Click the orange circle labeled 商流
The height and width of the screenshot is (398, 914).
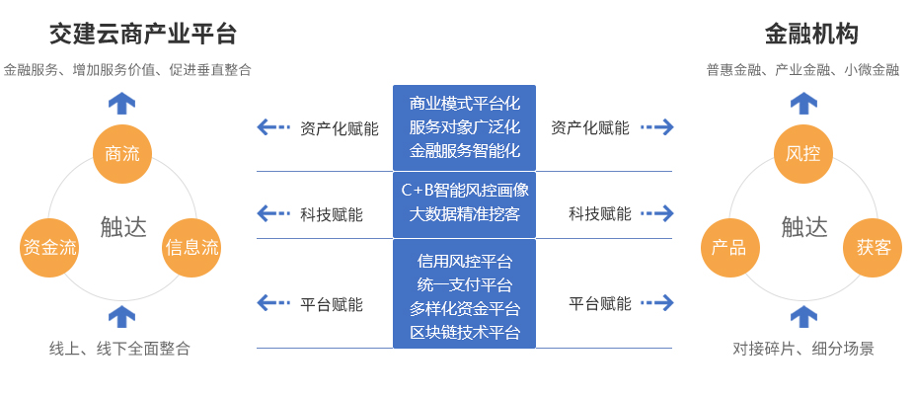122,153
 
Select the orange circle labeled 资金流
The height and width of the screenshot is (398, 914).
49,247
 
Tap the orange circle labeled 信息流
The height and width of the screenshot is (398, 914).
191,247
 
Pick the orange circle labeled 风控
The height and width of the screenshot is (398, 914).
803,153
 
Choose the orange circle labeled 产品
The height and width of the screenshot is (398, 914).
729,247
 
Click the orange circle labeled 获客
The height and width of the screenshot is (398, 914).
874,247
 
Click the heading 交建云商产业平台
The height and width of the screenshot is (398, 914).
143,36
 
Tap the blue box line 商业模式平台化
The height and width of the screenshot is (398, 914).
464,104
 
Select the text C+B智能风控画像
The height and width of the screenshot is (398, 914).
464,190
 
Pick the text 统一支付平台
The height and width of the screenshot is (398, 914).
464,284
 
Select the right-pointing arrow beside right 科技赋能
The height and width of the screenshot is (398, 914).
656,213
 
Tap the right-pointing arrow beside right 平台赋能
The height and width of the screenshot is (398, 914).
656,303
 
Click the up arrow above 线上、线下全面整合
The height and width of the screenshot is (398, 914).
121,317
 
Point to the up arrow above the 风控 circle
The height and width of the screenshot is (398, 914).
803,102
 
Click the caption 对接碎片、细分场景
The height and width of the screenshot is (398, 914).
803,349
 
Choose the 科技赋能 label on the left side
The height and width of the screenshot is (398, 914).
331,214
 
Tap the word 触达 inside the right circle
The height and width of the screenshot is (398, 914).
803,227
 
